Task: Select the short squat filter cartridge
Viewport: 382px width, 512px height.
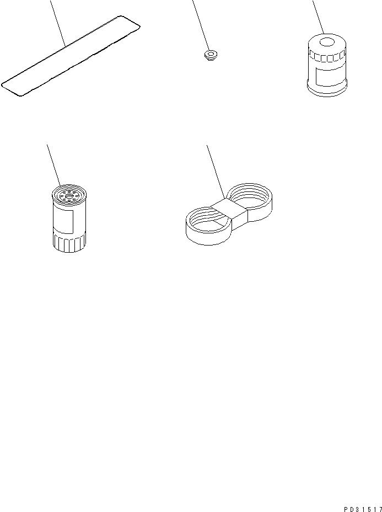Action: pyautogui.click(x=326, y=67)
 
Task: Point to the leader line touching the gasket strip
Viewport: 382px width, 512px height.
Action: pyautogui.click(x=58, y=22)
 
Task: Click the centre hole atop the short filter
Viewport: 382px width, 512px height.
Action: pyautogui.click(x=327, y=41)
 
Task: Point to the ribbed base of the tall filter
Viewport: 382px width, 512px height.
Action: pyautogui.click(x=68, y=243)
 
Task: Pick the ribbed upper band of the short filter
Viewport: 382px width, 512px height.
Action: pyautogui.click(x=326, y=56)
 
